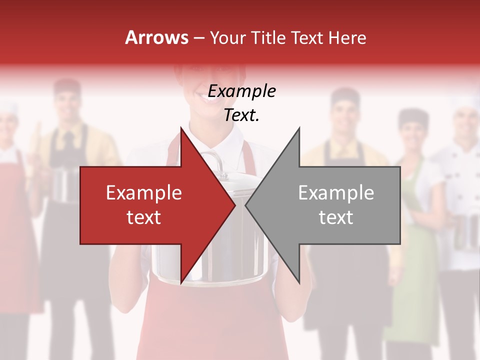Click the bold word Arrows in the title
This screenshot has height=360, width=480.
[x=156, y=38]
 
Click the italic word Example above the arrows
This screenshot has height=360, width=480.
[x=241, y=91]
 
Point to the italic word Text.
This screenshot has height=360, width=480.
[x=241, y=115]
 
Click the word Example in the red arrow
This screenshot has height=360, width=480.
[x=143, y=193]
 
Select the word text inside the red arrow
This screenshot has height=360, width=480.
[x=143, y=217]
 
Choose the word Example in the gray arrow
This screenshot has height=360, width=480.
[x=336, y=193]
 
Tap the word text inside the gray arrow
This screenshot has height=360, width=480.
[x=336, y=217]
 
